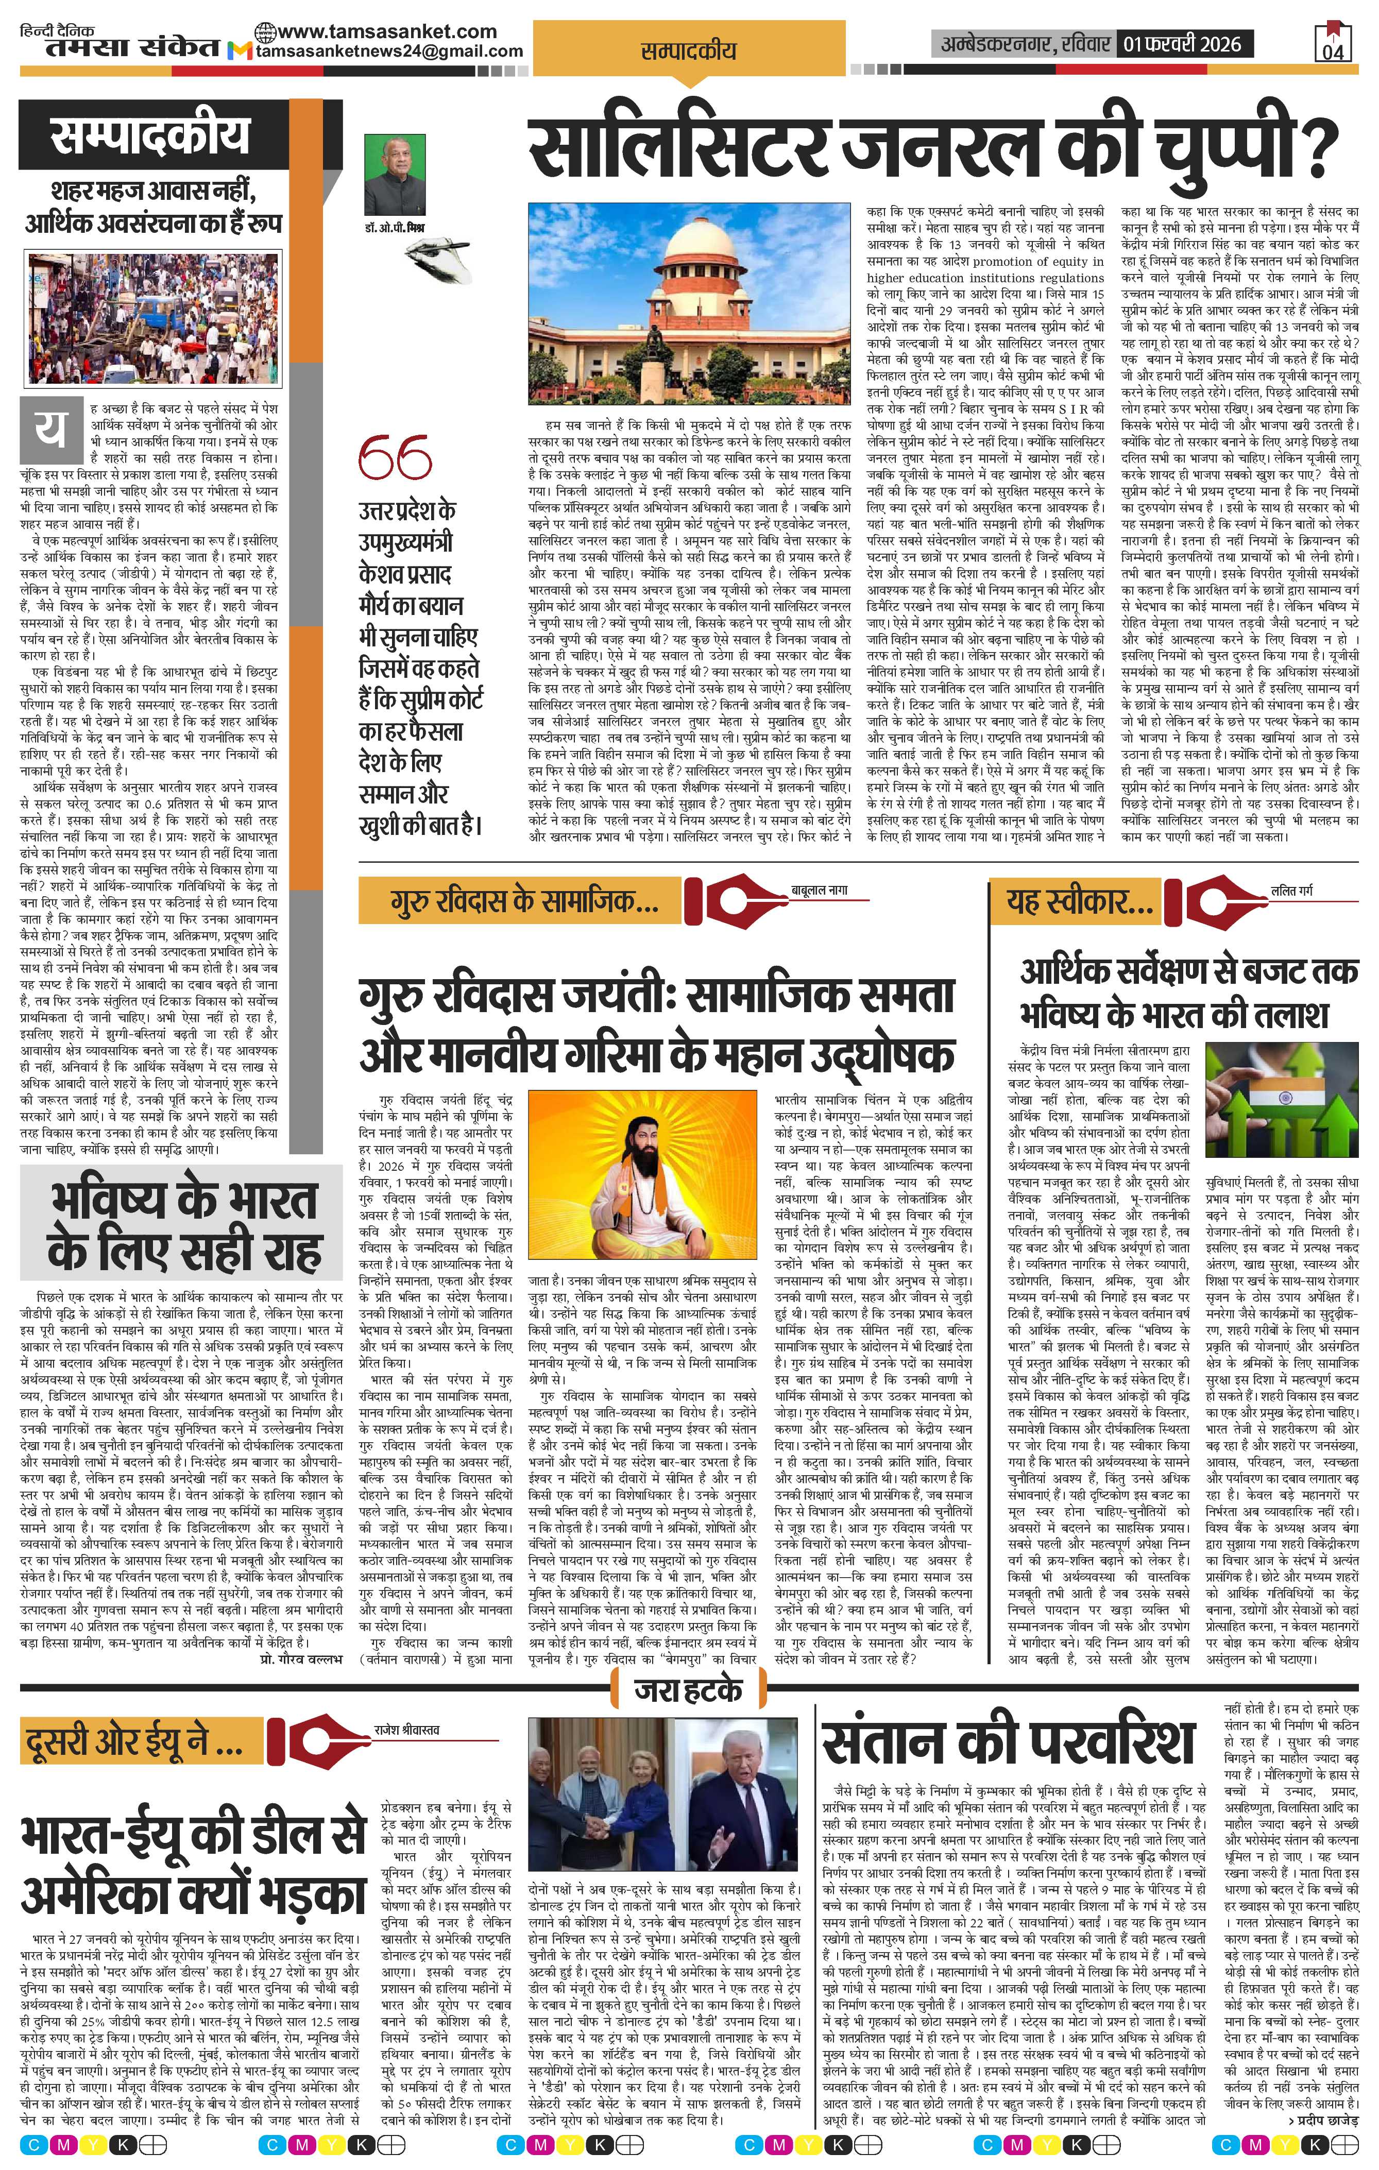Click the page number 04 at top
[1333, 52]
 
